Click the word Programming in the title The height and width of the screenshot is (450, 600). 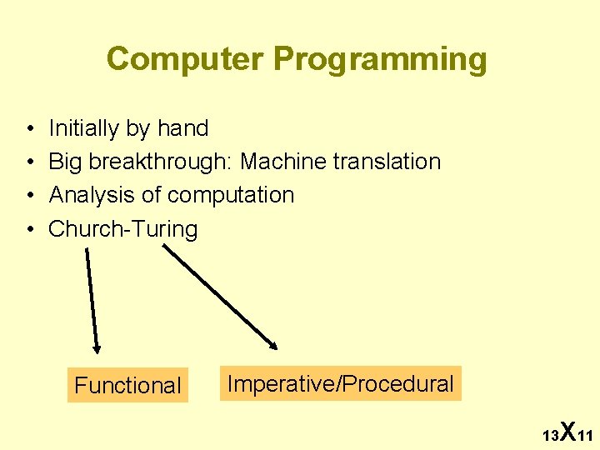379,60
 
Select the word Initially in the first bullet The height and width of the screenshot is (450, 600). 84,128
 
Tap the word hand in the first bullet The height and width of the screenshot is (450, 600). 182,128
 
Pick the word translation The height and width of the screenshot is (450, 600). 387,162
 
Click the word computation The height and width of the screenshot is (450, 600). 231,195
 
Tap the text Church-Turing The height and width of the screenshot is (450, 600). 123,229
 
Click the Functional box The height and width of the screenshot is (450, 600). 127,385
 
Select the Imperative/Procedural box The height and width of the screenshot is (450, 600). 340,383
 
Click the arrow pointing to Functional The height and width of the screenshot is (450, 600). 92,300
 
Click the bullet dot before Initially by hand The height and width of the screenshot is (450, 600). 29,129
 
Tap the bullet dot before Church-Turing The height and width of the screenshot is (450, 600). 29,230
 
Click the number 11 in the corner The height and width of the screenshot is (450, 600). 584,436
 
